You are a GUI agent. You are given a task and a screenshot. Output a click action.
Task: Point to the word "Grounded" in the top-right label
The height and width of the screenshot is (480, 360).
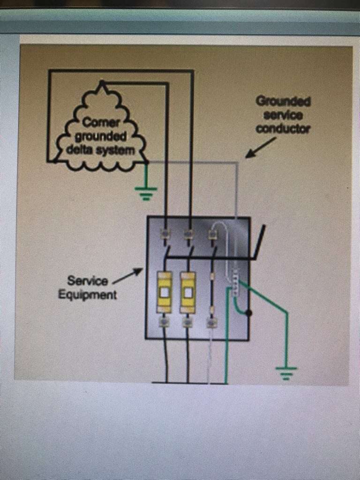point(283,101)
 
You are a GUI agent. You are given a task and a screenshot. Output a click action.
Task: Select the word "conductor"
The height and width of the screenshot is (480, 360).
point(283,129)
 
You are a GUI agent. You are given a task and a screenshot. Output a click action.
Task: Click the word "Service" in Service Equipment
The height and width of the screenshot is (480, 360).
point(88,281)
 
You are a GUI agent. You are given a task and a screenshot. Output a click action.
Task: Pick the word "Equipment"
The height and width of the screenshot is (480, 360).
point(88,295)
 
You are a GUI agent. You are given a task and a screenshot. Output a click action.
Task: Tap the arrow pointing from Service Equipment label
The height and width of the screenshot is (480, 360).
point(127,276)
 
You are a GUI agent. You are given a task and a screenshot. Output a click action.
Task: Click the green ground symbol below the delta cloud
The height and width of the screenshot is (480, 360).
point(146,192)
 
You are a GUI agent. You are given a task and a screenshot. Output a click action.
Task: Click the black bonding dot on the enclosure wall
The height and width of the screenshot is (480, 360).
point(249,313)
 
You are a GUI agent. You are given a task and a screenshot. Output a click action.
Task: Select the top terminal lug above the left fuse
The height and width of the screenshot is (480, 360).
point(165,233)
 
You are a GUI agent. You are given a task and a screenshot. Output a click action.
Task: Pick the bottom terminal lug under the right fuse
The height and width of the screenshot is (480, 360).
point(187,322)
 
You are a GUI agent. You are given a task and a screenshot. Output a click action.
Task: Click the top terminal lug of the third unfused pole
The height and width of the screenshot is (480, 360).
point(212,233)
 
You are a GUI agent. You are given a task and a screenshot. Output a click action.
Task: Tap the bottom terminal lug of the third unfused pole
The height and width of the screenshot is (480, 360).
point(211,322)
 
